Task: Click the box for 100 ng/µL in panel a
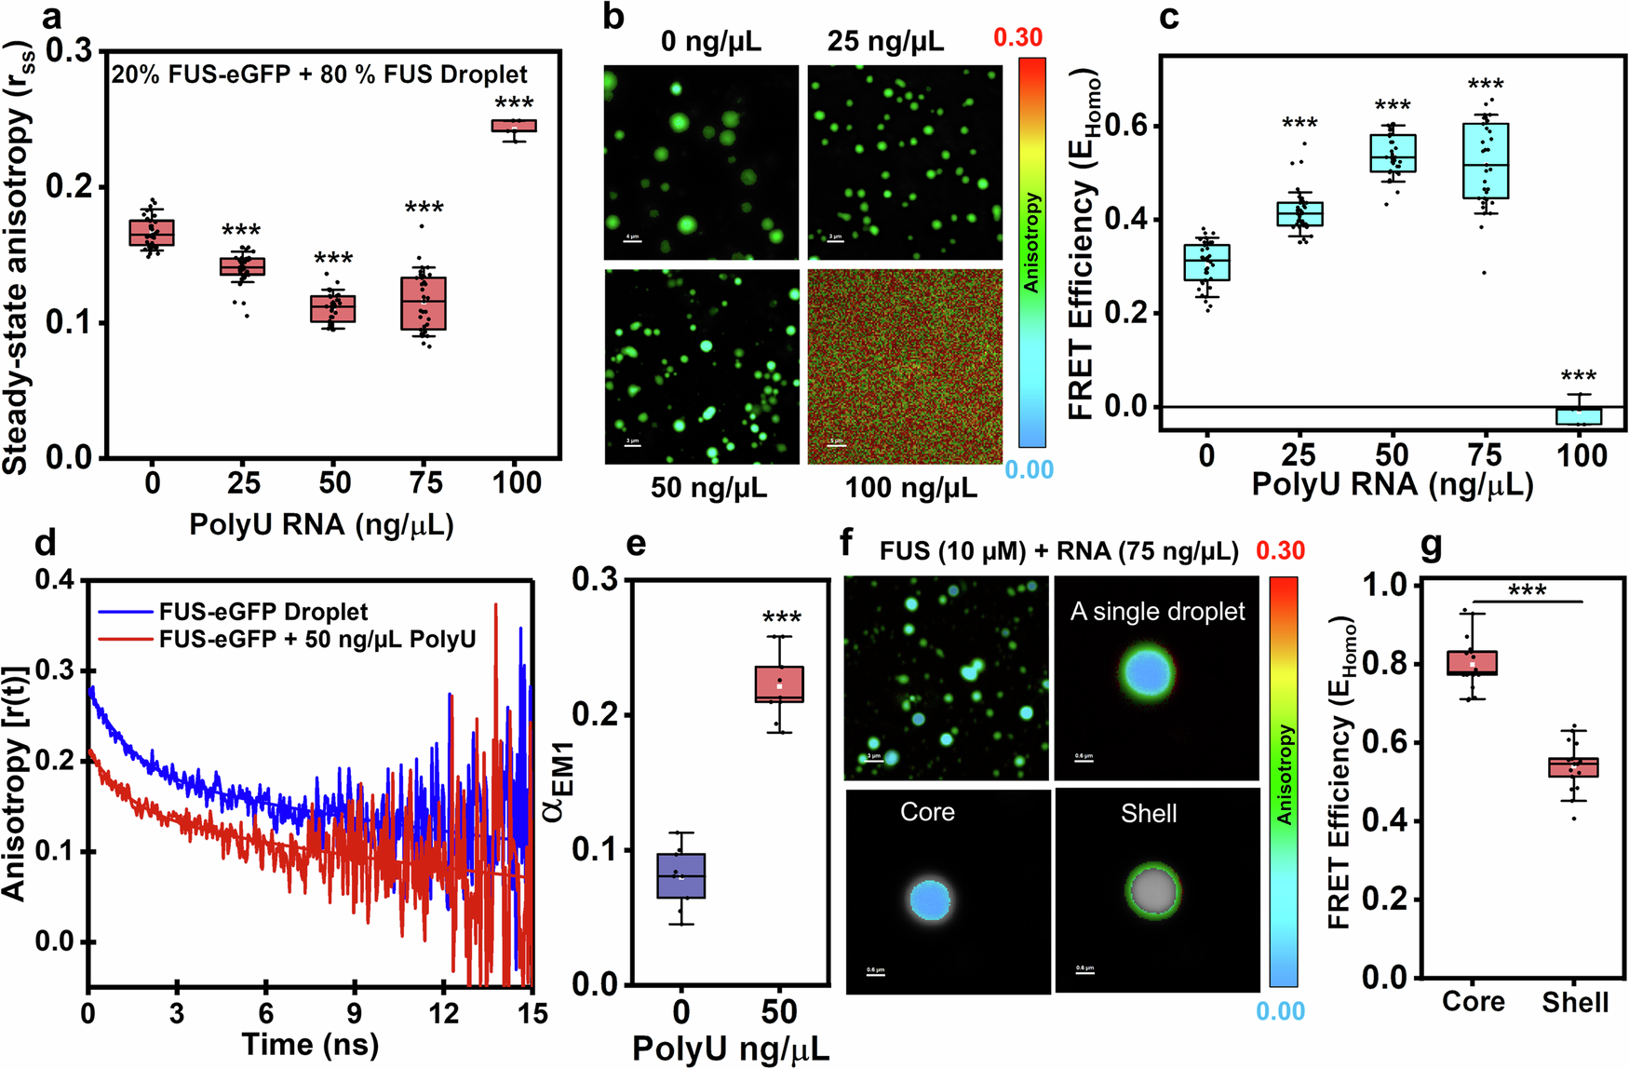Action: point(514,126)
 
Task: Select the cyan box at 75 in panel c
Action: point(1486,160)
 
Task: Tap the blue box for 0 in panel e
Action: point(680,875)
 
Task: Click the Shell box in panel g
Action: point(1573,767)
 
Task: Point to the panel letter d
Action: point(44,542)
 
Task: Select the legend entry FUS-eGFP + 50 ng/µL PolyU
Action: point(316,640)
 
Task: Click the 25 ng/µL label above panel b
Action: point(885,41)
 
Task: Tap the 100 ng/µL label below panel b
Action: point(910,487)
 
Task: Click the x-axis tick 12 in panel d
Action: point(444,1012)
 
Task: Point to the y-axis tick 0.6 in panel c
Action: point(1126,127)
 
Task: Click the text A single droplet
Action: point(1157,612)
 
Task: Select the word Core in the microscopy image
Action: point(927,812)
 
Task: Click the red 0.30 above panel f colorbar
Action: point(1280,550)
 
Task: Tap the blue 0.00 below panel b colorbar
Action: point(1029,469)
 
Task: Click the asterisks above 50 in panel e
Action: point(781,618)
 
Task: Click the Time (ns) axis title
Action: point(310,1045)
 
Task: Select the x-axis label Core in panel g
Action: point(1473,1002)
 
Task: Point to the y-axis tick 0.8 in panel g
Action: point(1385,664)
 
